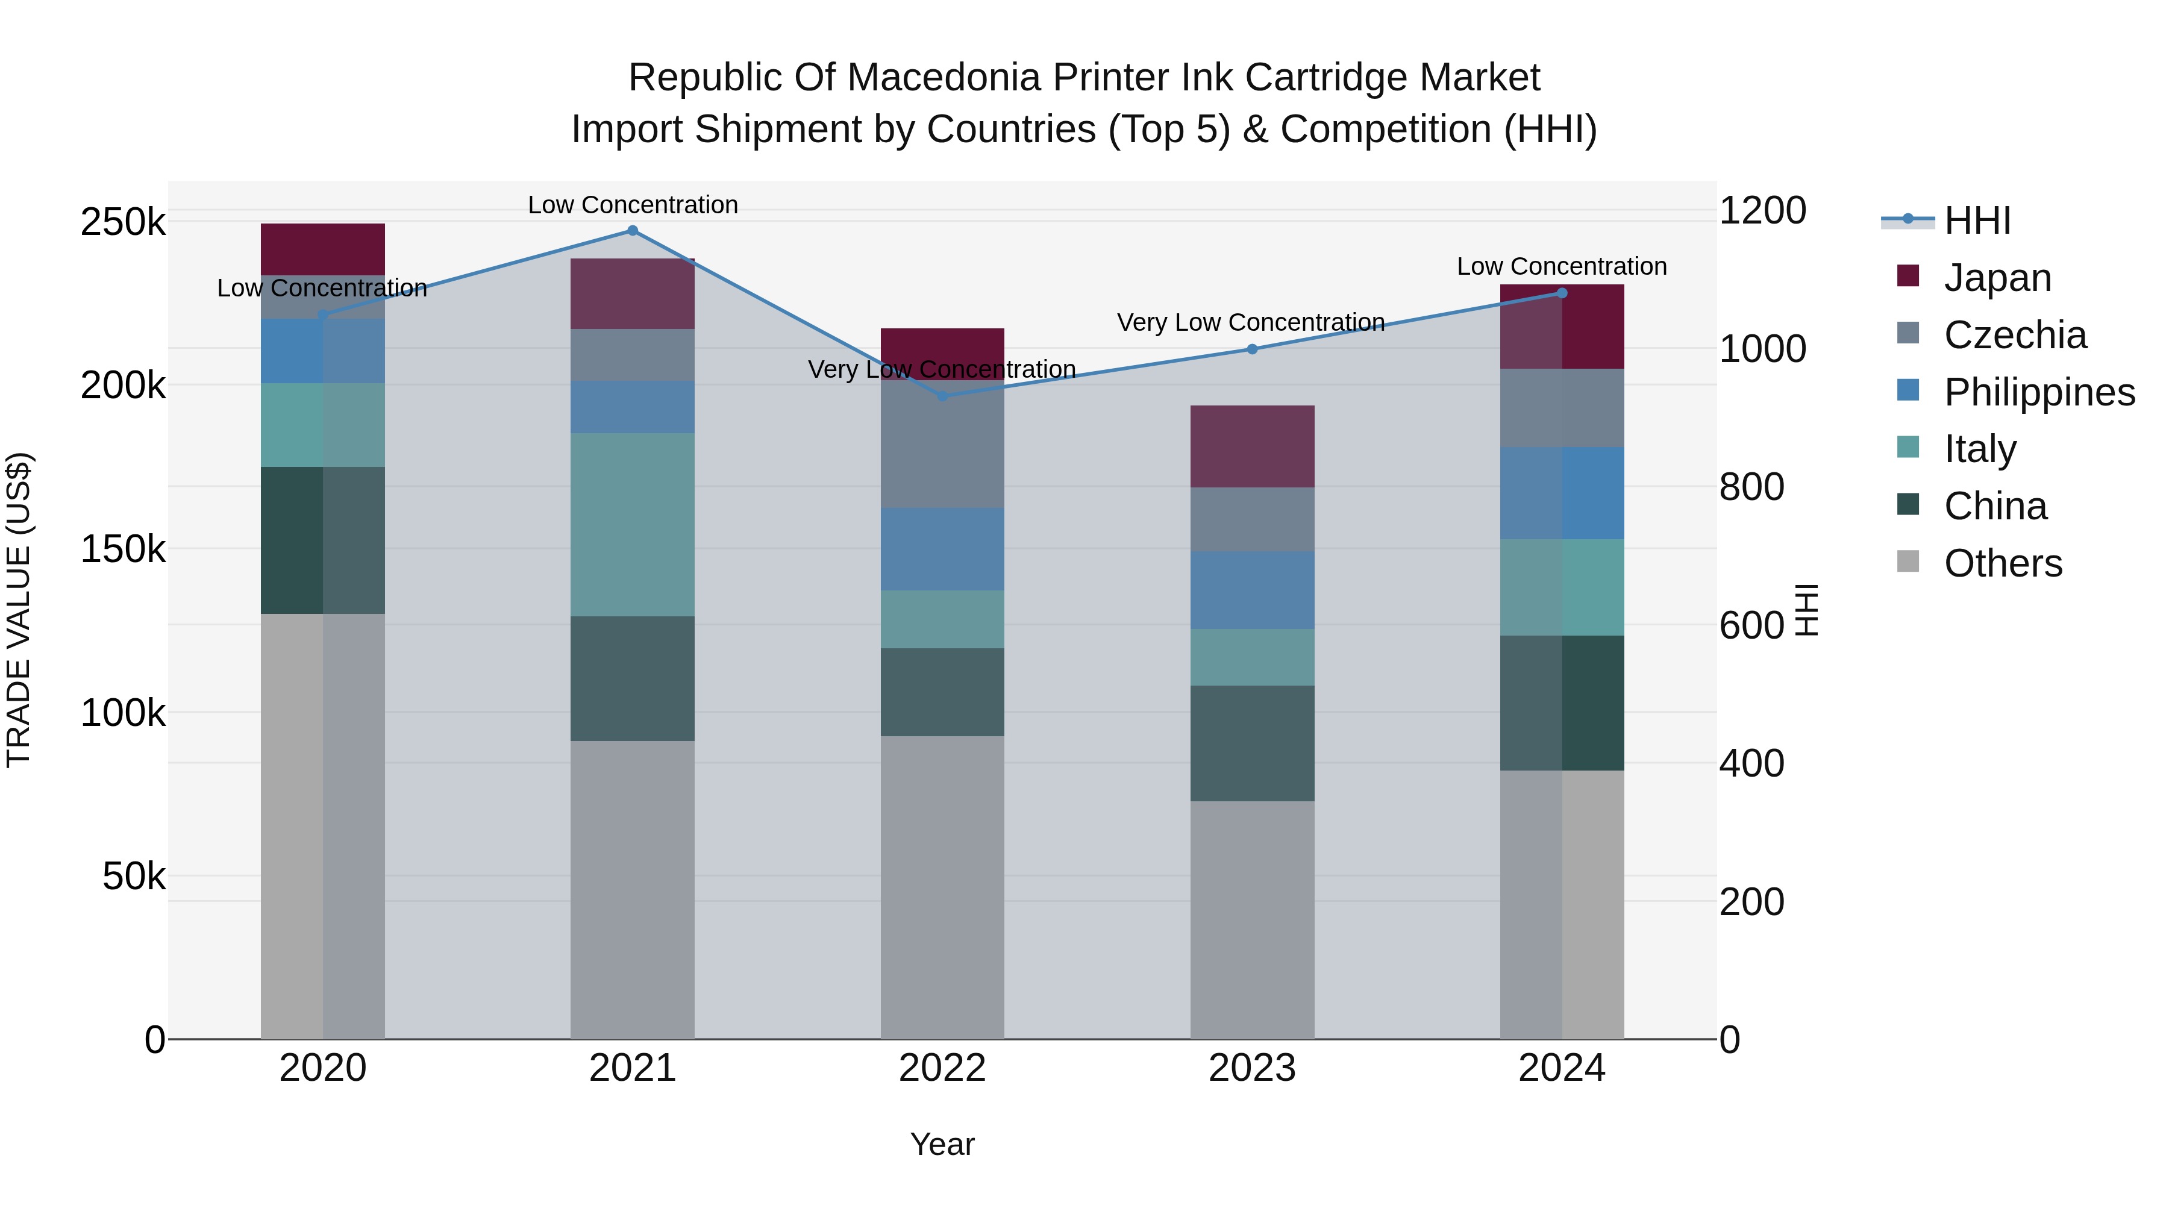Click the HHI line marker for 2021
point(633,230)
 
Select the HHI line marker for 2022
point(942,396)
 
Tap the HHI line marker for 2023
point(1252,349)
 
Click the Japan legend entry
point(1997,278)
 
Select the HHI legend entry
point(1976,221)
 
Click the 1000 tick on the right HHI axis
point(1762,349)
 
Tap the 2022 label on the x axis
point(942,1068)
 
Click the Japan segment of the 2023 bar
point(1252,446)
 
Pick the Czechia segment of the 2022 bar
point(942,443)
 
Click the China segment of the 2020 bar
point(322,540)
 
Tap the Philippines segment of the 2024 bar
point(1562,493)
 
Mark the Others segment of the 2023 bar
point(1252,919)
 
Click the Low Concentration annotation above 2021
point(633,205)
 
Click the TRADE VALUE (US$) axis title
point(19,610)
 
